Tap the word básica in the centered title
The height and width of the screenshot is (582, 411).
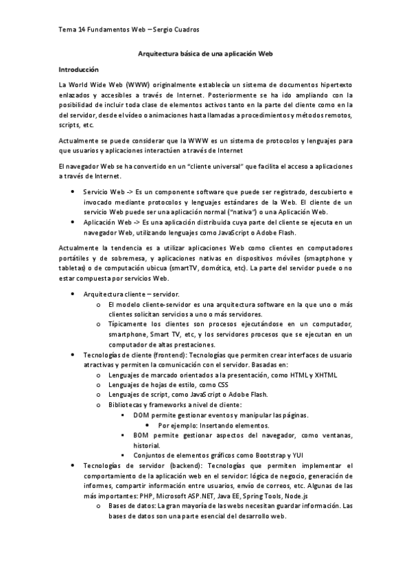pyautogui.click(x=187, y=52)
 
